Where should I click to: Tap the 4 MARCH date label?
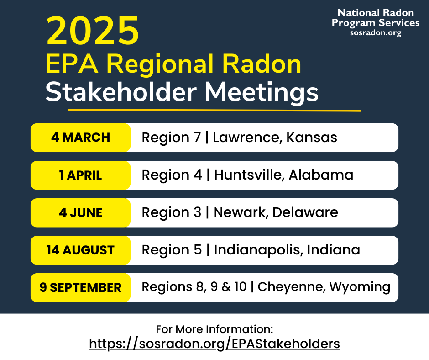[80, 138]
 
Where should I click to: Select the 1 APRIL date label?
[80, 175]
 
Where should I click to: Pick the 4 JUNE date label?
[80, 212]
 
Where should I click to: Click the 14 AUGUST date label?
[80, 250]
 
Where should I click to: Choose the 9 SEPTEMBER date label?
[80, 287]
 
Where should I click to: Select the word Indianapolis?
[257, 250]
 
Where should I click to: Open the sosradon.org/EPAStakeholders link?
[214, 344]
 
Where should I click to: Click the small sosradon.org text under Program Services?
[376, 33]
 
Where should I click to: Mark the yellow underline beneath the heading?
[214, 110]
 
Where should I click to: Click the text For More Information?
[214, 329]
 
